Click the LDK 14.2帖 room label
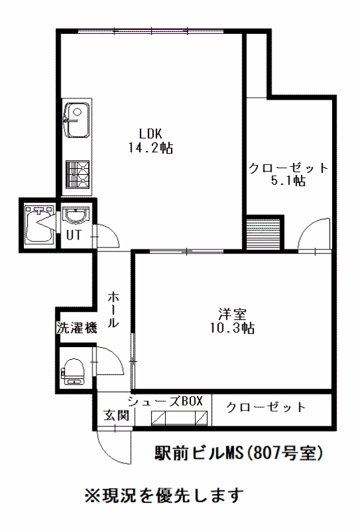(x=150, y=140)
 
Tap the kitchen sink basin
(x=77, y=120)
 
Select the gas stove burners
(x=77, y=174)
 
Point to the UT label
(x=74, y=235)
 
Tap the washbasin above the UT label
(x=76, y=215)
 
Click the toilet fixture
(x=73, y=372)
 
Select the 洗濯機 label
(x=77, y=328)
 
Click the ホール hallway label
(x=113, y=309)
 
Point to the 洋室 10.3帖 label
(x=232, y=321)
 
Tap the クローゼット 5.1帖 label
(x=288, y=174)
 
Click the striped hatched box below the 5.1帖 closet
(x=264, y=234)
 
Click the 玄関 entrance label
(x=116, y=414)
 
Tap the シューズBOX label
(x=165, y=401)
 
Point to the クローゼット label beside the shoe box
(x=266, y=407)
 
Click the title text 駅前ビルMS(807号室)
(x=238, y=454)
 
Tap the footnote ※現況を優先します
(x=164, y=495)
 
